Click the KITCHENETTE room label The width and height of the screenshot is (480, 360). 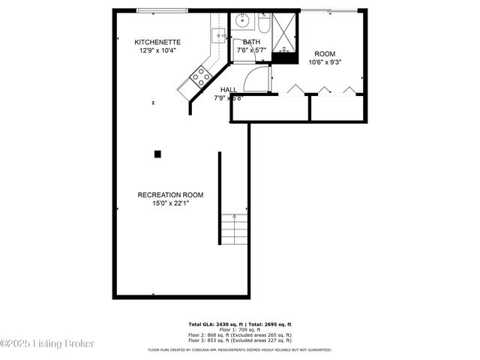pyautogui.click(x=157, y=42)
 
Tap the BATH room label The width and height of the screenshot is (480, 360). pyautogui.click(x=251, y=42)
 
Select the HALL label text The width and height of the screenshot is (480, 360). pyautogui.click(x=229, y=89)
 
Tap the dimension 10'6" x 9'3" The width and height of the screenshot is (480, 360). pyautogui.click(x=324, y=62)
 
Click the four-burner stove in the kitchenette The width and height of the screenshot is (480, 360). pyautogui.click(x=199, y=74)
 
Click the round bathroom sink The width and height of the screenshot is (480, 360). pyautogui.click(x=243, y=20)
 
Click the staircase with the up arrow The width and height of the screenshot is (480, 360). pyautogui.click(x=235, y=229)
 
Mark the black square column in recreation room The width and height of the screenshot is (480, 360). pyautogui.click(x=157, y=154)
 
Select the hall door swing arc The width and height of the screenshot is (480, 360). pyautogui.click(x=256, y=78)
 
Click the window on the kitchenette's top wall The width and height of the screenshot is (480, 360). pyautogui.click(x=162, y=10)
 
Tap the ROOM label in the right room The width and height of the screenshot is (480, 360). pyautogui.click(x=324, y=54)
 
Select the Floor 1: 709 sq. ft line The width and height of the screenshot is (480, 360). pyautogui.click(x=240, y=330)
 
